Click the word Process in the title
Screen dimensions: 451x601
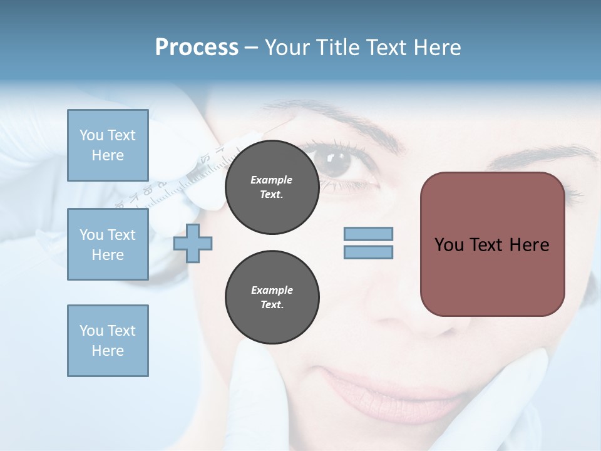(x=197, y=48)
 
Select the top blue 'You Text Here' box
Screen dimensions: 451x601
(x=108, y=145)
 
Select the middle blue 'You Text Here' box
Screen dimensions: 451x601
(x=108, y=244)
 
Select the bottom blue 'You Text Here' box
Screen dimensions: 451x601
(x=108, y=341)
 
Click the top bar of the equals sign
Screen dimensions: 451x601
(x=369, y=234)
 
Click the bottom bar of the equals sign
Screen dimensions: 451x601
(x=369, y=252)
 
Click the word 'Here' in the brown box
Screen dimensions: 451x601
(x=529, y=245)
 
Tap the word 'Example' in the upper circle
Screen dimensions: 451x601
(x=272, y=180)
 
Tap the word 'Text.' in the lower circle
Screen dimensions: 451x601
(x=272, y=305)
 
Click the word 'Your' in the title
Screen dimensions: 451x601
(x=286, y=48)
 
